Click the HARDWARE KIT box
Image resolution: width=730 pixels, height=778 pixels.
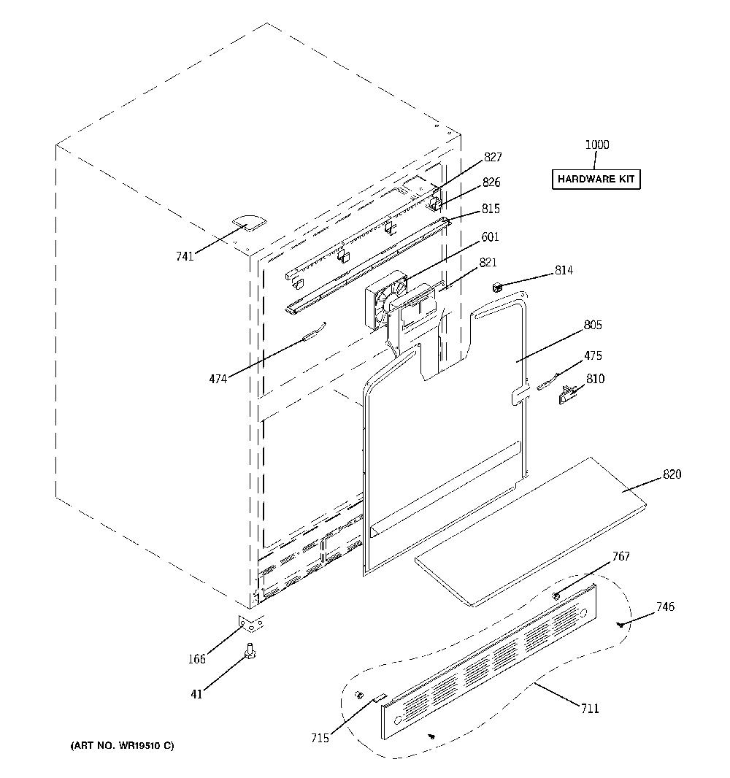pyautogui.click(x=596, y=179)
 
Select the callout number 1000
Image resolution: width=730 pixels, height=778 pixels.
pyautogui.click(x=597, y=145)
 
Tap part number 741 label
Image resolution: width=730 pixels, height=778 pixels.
pyautogui.click(x=185, y=256)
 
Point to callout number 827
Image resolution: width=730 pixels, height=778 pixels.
pyautogui.click(x=493, y=158)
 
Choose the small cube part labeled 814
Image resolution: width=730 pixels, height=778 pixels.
pyautogui.click(x=496, y=286)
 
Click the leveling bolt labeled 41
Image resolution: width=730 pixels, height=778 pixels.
pyautogui.click(x=250, y=651)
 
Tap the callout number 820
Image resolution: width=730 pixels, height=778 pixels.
pyautogui.click(x=672, y=474)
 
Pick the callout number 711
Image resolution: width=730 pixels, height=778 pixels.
pyautogui.click(x=590, y=709)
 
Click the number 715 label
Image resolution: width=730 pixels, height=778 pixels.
pyautogui.click(x=320, y=739)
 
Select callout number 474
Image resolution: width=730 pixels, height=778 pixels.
pyautogui.click(x=218, y=379)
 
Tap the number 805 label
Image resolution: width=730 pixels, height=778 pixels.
pyautogui.click(x=593, y=325)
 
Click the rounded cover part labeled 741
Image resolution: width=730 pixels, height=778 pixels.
pyautogui.click(x=249, y=223)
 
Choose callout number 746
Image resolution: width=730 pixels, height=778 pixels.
pyautogui.click(x=665, y=606)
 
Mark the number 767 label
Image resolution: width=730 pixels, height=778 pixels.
pyautogui.click(x=620, y=556)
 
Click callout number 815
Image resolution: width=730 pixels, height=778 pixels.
pyautogui.click(x=491, y=209)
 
